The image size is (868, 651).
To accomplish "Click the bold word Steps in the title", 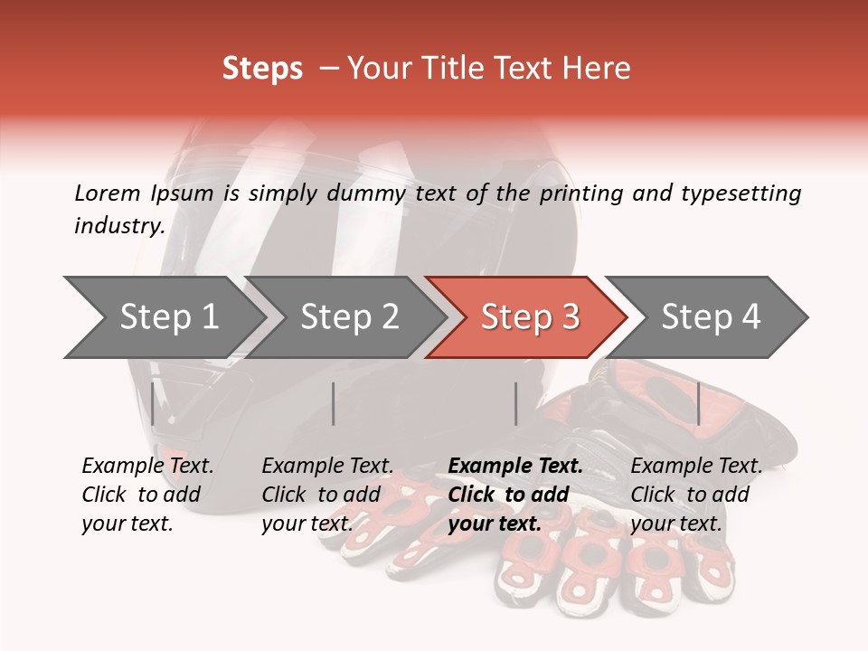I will pos(262,69).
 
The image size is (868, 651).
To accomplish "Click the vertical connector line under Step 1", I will pos(153,403).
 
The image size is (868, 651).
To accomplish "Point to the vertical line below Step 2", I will pos(334,403).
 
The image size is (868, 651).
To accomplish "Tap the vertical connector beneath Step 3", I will pos(516,403).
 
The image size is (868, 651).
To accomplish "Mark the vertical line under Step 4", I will pos(699,403).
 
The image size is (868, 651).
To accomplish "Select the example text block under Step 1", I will pos(147,495).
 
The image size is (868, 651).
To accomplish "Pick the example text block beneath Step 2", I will pos(327,495).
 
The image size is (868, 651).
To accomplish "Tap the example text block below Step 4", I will pos(696,495).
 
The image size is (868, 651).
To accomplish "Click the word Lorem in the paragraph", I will pos(108,193).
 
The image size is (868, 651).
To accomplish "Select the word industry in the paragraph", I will pos(119,225).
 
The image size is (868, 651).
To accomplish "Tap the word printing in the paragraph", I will pos(579,193).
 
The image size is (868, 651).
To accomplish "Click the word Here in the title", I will pos(596,69).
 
